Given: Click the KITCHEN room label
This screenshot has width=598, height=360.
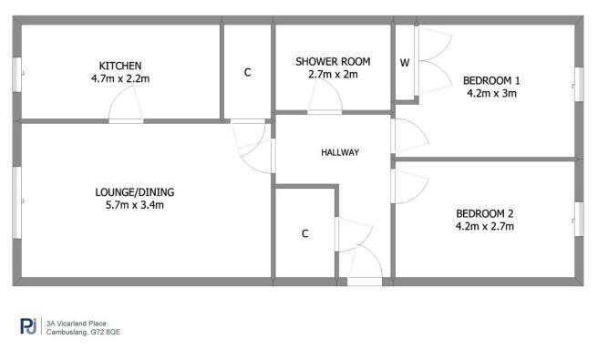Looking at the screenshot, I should [120, 65].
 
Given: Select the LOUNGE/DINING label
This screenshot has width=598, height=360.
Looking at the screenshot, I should [134, 192].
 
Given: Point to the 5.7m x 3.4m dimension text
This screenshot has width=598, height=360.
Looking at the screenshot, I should [134, 205].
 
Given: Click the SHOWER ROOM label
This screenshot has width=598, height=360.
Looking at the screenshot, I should [333, 61].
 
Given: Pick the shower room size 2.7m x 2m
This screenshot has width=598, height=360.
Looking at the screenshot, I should [333, 75].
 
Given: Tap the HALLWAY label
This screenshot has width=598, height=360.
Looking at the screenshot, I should [340, 152].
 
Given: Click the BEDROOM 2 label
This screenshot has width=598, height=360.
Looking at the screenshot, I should [486, 214].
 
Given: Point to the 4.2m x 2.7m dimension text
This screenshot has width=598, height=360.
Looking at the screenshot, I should [486, 227].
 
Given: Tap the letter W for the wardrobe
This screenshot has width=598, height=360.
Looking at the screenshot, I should [404, 63].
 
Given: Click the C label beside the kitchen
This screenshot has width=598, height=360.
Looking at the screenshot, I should [247, 72].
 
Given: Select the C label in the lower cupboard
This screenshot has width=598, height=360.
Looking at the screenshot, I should [304, 233].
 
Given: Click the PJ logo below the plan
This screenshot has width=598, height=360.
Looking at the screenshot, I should [29, 325].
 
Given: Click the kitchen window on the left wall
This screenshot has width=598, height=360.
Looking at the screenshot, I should [17, 74].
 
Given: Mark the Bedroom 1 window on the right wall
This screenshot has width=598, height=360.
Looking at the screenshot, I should [577, 85].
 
